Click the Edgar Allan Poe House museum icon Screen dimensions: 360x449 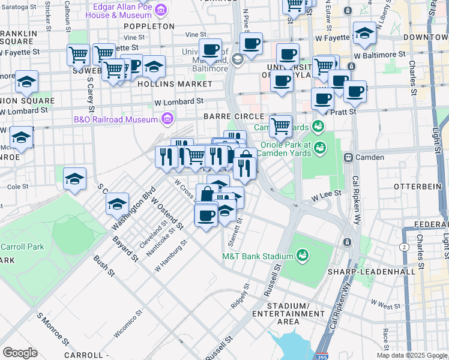pos(160,10)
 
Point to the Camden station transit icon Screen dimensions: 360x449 pos(348,157)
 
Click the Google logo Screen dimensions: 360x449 pos(20,353)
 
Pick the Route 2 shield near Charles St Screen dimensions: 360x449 pos(405,247)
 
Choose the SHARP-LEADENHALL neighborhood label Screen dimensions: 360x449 pos(371,272)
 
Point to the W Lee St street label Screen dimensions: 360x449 pos(325,195)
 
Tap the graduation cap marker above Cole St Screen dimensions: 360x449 pos(74,178)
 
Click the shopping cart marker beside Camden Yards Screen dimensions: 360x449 pos(280,126)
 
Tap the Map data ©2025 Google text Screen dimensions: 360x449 pos(411,355)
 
